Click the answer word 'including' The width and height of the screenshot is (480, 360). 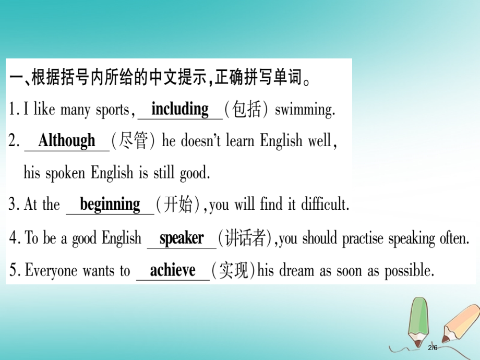point(179,109)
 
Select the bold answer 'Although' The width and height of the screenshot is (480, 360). point(67,140)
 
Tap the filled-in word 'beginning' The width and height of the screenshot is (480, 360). point(110,204)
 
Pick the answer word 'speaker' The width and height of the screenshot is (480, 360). point(181,238)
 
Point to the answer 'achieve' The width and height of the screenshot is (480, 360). point(173,270)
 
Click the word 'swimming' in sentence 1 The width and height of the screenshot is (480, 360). point(304,110)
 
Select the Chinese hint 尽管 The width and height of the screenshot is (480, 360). point(134,141)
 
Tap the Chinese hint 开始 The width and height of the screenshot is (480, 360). point(178,205)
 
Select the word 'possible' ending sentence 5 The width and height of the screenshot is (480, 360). point(409,271)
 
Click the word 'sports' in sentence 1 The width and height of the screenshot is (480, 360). point(112,110)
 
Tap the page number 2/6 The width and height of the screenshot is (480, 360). point(433,347)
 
